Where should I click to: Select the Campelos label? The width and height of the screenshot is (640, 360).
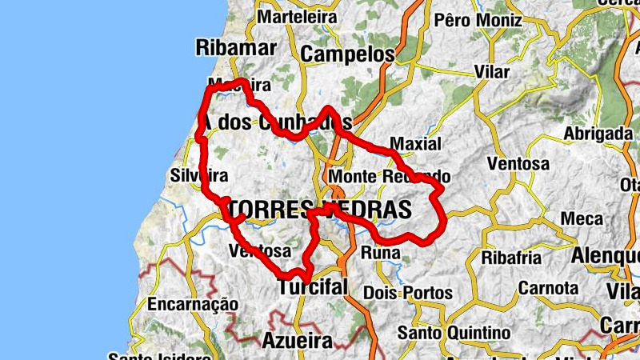350,54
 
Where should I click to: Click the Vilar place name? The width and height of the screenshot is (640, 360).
491,72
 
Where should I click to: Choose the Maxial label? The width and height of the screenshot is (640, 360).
415,145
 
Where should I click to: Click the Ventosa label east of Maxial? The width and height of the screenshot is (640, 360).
518,164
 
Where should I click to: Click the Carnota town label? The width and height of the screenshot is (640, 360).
548,287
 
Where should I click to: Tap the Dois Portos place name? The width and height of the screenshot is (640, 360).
407,294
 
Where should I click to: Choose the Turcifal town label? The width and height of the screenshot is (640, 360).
313,287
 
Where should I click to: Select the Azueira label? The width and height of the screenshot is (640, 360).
297,341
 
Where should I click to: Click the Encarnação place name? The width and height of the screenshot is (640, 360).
193,304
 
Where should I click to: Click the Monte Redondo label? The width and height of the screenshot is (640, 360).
390,176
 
